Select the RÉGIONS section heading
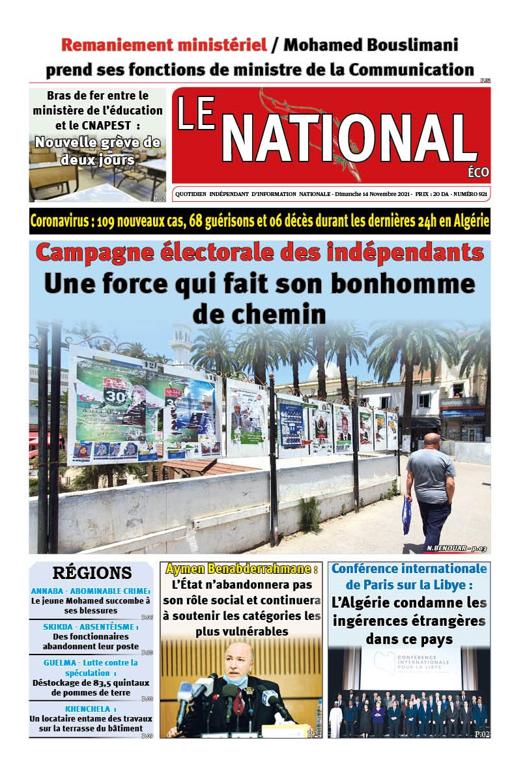92,573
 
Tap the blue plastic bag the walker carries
407,515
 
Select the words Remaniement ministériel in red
164,46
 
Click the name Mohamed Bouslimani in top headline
371,46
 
